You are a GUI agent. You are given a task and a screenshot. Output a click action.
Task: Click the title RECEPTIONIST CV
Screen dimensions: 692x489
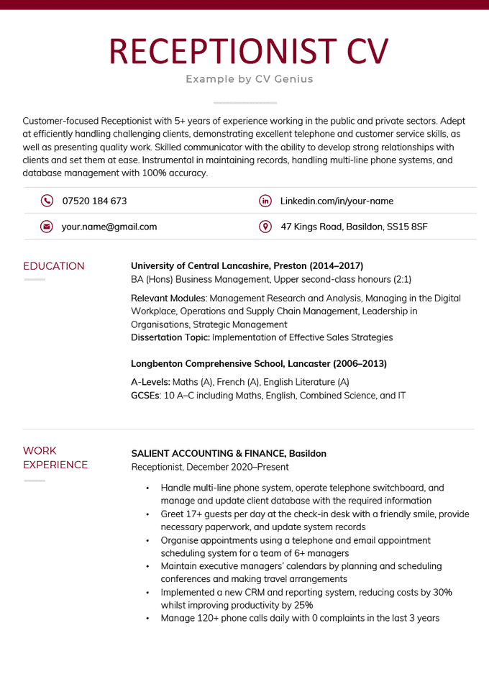249,51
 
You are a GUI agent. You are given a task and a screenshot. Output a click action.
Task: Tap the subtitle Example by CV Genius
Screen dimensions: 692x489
249,79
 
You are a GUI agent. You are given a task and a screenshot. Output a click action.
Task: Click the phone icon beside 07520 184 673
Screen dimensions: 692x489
47,201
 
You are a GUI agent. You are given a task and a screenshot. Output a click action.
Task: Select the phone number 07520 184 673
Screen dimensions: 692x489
94,201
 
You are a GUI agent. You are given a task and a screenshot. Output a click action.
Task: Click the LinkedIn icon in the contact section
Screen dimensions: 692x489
265,201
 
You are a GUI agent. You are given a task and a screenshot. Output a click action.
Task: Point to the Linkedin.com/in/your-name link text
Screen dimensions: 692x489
337,201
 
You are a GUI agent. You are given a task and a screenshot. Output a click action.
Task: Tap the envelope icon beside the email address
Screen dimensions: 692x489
47,227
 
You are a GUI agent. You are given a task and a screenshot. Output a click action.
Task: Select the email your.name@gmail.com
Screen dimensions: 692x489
109,227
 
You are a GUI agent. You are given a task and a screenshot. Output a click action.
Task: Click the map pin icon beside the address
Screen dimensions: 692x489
265,227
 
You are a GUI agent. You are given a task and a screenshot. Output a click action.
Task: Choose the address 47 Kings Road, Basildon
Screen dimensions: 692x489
354,227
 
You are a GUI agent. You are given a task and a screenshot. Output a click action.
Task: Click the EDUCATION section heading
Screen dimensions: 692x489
54,266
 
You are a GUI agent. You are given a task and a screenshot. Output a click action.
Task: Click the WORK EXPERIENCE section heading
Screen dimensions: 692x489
55,457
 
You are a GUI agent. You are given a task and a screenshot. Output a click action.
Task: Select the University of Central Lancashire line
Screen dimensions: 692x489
247,265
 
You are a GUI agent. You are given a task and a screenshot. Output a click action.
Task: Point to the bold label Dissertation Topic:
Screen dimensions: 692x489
170,337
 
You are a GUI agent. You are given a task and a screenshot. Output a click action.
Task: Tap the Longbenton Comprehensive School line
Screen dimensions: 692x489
259,364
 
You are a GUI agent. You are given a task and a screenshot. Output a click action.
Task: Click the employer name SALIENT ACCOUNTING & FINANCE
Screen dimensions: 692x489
229,453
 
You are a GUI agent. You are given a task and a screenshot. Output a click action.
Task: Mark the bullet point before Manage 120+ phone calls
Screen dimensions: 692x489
147,619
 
